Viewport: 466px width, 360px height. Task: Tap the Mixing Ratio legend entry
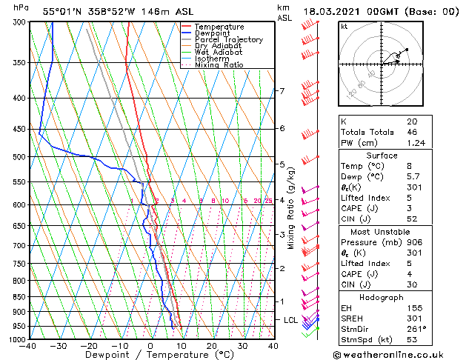point(219,65)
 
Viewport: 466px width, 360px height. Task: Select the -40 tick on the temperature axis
point(28,345)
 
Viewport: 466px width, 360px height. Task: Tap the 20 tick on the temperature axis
point(212,345)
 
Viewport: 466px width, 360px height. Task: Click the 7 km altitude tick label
point(282,91)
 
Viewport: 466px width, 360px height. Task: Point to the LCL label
point(290,319)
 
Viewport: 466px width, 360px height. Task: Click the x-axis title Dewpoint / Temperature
point(150,355)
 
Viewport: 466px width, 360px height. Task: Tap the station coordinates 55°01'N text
point(63,11)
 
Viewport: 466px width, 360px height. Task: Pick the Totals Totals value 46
point(411,132)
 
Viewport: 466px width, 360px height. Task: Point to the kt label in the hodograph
point(344,26)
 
